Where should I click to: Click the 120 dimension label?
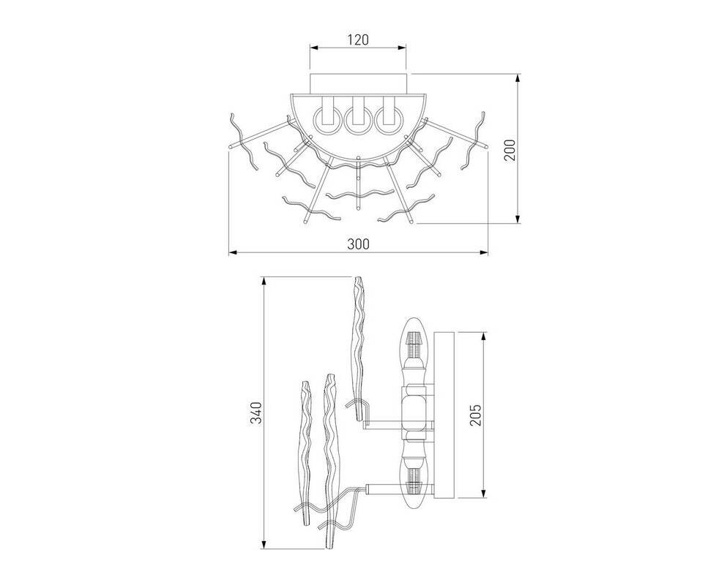point(358,39)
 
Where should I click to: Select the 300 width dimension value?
point(359,244)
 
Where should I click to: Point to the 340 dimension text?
point(256,412)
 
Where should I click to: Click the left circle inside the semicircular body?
point(327,121)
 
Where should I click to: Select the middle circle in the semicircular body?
point(359,121)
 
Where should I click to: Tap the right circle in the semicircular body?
point(389,121)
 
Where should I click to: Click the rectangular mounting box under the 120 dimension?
point(358,83)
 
